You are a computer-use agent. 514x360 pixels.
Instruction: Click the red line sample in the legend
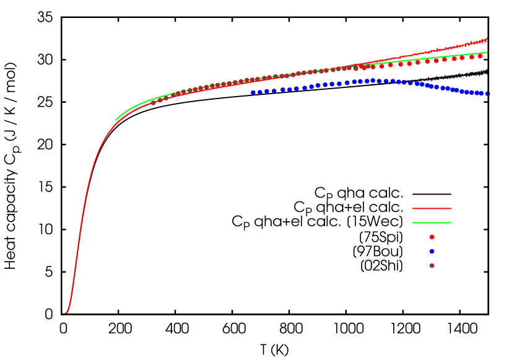(x=432, y=208)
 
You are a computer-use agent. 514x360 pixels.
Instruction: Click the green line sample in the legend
(x=432, y=222)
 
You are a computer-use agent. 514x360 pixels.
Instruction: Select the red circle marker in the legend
(x=432, y=237)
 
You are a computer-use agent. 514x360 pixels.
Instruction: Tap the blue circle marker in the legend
(x=432, y=251)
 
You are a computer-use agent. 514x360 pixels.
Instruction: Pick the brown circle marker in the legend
(x=432, y=265)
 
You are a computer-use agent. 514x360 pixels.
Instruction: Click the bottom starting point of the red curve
(x=64, y=313)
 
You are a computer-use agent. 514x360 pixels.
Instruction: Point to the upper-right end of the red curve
(x=487, y=38)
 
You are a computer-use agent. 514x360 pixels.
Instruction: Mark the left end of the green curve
(x=115, y=120)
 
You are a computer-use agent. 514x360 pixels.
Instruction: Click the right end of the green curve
(x=487, y=53)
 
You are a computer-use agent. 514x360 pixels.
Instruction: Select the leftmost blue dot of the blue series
(x=253, y=92)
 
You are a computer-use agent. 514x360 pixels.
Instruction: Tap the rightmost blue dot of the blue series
(x=488, y=94)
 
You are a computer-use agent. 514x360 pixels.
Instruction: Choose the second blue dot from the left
(x=260, y=92)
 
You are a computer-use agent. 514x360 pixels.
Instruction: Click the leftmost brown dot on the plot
(x=153, y=102)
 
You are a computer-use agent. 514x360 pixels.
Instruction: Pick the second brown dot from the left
(x=160, y=100)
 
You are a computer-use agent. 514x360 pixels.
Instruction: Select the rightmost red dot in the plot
(x=480, y=56)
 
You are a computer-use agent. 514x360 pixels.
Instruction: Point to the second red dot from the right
(x=471, y=57)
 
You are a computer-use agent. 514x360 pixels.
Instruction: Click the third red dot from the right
(x=462, y=58)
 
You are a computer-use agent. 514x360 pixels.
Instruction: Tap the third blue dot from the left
(x=267, y=91)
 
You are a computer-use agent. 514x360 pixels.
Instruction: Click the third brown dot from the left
(x=166, y=98)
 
